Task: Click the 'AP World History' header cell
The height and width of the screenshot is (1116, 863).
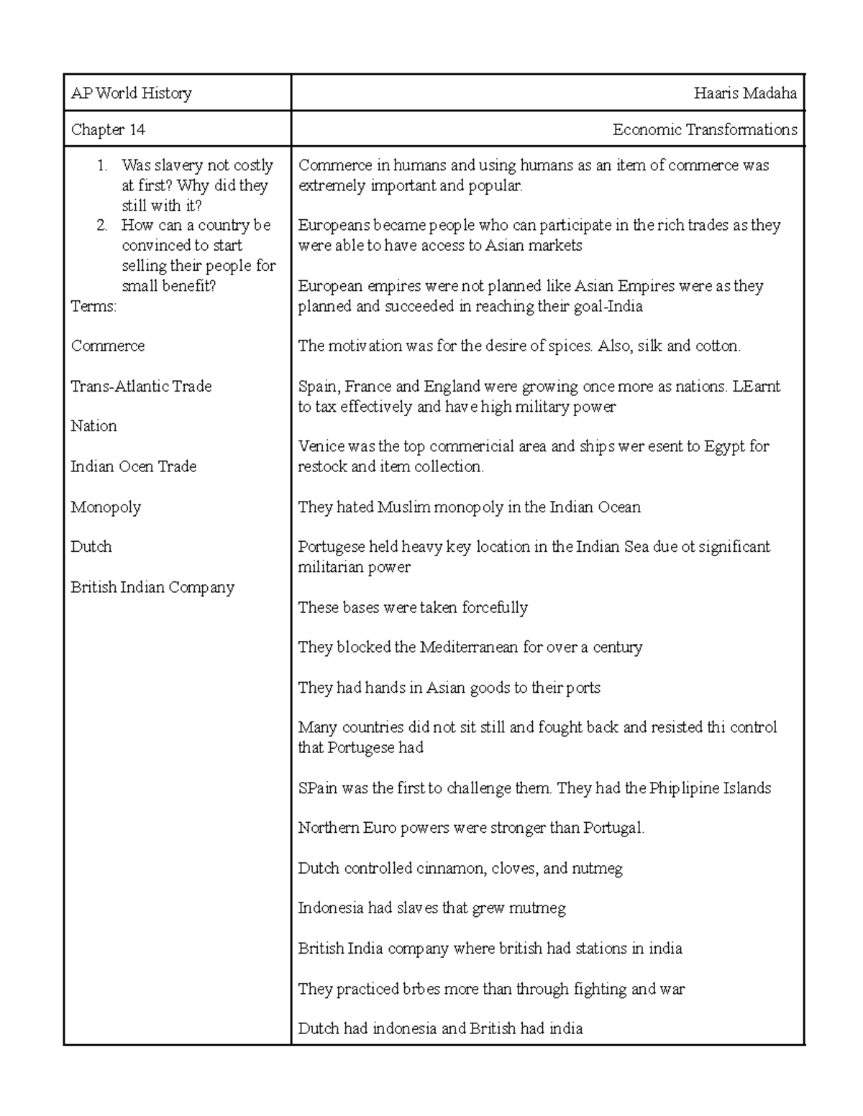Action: point(131,93)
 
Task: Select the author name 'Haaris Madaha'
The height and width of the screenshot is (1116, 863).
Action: point(745,93)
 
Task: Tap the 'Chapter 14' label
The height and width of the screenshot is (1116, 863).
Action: point(108,130)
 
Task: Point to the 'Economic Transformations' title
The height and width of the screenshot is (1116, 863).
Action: point(704,130)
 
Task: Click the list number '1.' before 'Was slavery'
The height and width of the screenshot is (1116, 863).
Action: point(103,166)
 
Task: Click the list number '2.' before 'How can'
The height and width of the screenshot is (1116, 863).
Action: point(103,226)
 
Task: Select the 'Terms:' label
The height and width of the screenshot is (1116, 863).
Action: point(93,307)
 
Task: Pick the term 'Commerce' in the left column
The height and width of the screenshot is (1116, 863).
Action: point(107,346)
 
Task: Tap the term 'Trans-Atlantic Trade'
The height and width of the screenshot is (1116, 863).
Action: point(141,387)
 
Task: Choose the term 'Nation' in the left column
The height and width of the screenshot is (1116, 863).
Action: point(93,426)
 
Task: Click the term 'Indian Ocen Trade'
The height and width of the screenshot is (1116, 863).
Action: point(133,467)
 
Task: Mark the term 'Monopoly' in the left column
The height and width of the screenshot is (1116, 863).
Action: point(106,507)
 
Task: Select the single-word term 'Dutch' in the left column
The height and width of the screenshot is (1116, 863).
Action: point(91,547)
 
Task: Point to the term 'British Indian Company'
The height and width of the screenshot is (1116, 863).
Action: point(152,588)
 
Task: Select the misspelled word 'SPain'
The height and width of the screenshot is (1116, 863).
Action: point(317,788)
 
